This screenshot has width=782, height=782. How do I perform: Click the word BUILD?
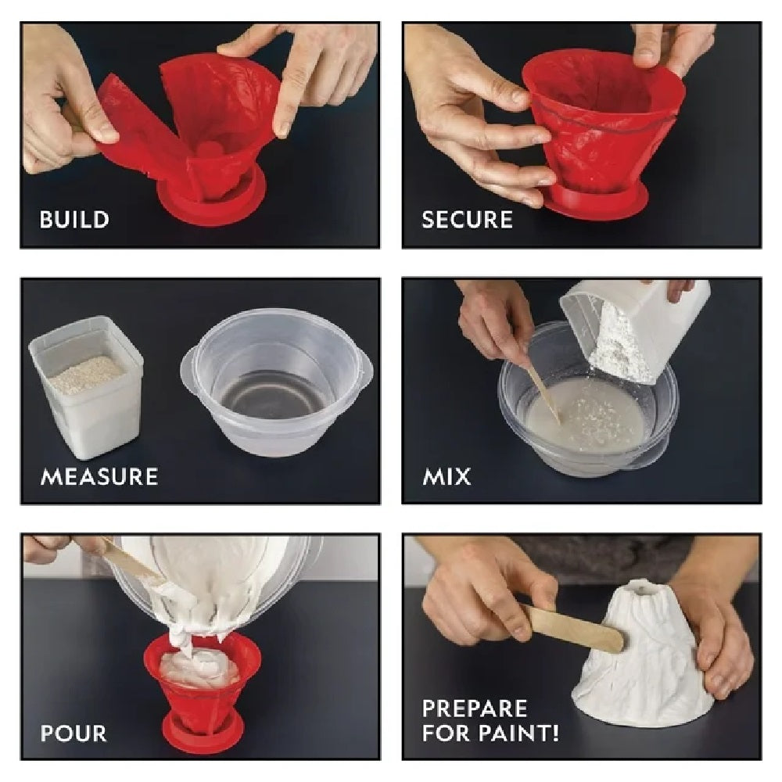[74, 220]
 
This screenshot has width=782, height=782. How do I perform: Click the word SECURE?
[468, 220]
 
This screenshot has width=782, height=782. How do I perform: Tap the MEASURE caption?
[100, 477]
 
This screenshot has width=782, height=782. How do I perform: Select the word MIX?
[447, 477]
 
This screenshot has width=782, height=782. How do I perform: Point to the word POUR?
[74, 734]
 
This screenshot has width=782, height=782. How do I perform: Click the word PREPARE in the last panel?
[475, 708]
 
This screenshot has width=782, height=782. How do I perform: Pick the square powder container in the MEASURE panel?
[86, 387]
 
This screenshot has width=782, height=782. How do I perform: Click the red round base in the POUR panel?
[203, 734]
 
